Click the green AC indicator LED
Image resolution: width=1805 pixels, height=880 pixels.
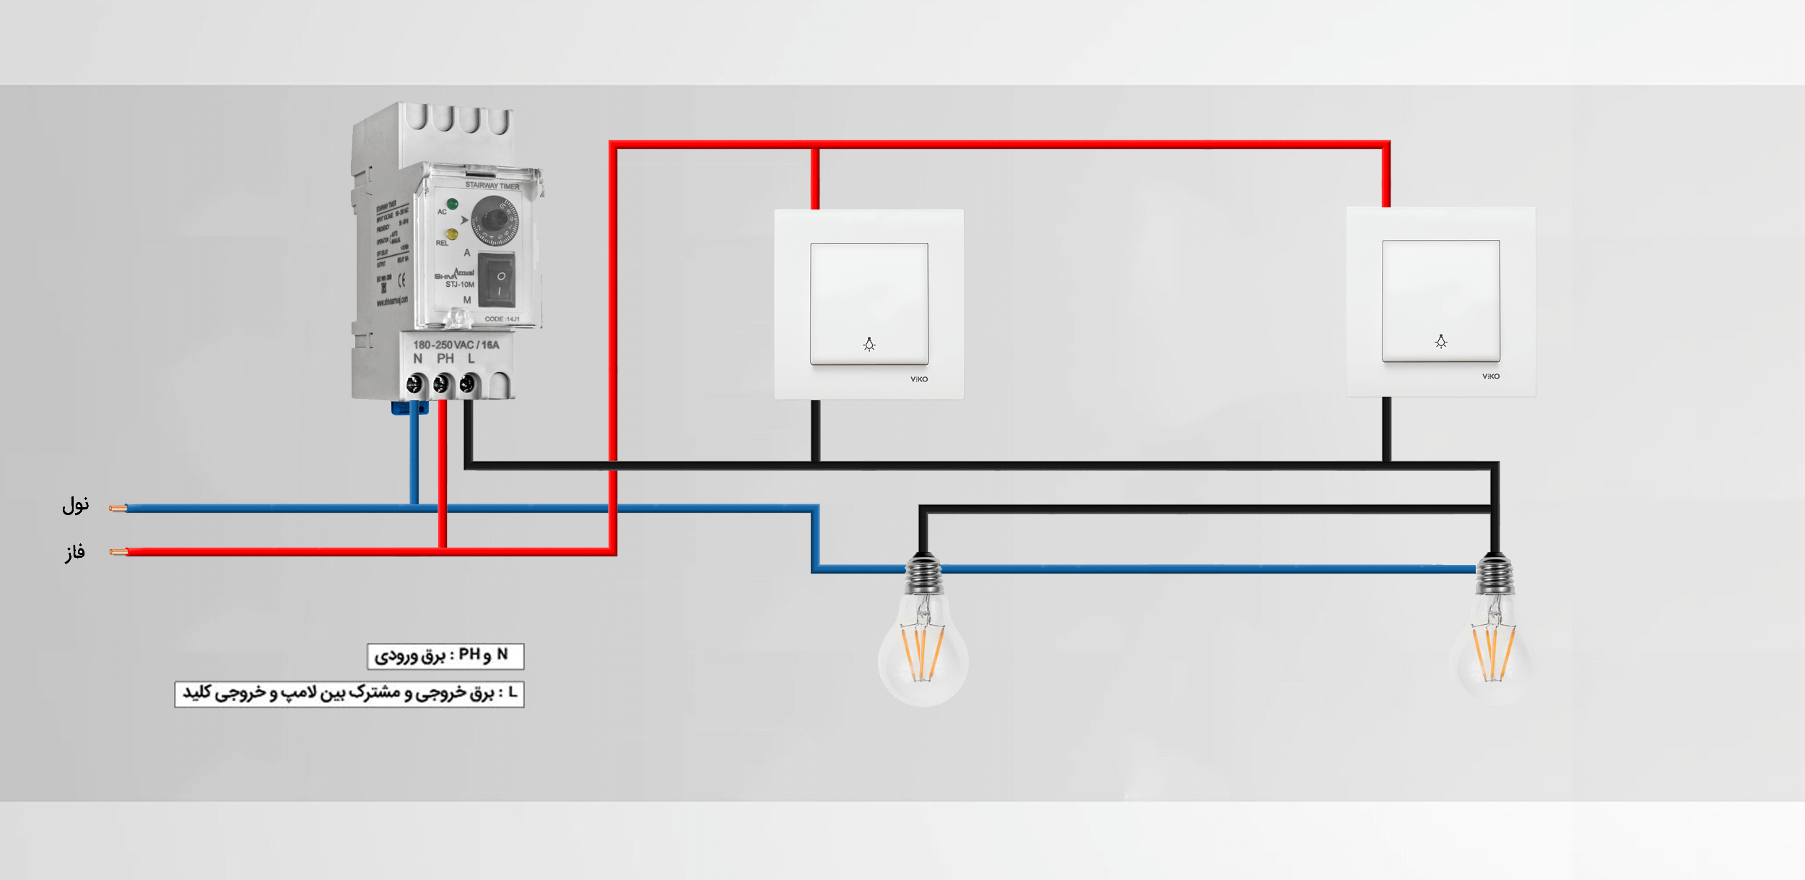452,204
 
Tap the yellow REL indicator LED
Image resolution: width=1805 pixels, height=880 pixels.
452,234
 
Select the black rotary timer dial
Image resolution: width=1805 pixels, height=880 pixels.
495,219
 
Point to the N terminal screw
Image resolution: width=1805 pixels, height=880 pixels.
415,384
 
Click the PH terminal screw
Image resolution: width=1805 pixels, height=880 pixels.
441,384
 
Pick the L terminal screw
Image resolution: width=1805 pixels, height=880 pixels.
467,384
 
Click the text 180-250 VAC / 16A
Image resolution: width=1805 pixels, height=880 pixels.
456,345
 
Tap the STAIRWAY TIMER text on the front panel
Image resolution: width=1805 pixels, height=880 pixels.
492,186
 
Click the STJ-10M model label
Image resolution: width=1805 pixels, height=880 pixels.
459,285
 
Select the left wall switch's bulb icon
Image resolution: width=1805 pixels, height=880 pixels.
869,345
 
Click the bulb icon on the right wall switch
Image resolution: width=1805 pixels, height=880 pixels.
1440,342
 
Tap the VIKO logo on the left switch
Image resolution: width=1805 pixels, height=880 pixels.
918,379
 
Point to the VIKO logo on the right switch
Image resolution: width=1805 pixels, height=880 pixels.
1490,376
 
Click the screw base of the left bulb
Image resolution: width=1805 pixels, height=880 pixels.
923,574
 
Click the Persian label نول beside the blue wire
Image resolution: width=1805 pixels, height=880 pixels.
75,505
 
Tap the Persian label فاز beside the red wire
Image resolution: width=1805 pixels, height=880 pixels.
75,553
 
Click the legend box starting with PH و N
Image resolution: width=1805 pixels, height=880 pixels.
445,656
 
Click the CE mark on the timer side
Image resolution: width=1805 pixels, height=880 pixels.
401,280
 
